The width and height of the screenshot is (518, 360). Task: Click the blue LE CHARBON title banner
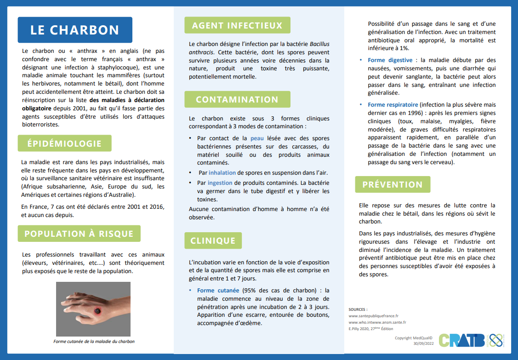[75, 30]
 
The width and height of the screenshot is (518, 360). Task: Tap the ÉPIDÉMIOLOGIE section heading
[64, 143]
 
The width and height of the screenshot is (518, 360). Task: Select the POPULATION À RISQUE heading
[79, 234]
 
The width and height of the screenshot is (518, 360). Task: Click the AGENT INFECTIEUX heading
[237, 25]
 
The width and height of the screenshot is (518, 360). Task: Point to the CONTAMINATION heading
[237, 99]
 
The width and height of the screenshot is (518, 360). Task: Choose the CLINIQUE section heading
[213, 240]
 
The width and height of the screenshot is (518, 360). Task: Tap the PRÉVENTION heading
[393, 184]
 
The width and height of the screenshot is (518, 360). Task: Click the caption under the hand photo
[94, 342]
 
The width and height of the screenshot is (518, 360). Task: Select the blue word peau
[257, 138]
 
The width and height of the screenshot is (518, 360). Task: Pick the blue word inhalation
[222, 173]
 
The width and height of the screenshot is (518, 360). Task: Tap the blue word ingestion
[220, 183]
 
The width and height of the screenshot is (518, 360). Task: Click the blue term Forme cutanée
[218, 291]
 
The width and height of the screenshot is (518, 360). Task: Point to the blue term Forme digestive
[390, 60]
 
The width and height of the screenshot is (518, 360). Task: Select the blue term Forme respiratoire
[393, 105]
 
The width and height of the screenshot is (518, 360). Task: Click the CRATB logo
[463, 341]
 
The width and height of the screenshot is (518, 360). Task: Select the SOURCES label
[358, 309]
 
